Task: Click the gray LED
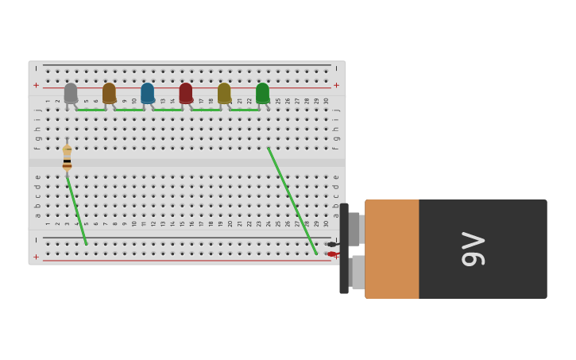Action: point(71,93)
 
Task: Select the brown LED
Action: point(109,93)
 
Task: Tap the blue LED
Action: point(147,93)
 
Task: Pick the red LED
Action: point(186,93)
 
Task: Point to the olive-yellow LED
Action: point(224,93)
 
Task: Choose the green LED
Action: point(262,93)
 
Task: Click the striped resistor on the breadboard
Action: point(67,157)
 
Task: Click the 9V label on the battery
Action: point(473,249)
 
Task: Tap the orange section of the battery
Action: point(392,249)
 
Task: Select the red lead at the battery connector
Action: point(331,254)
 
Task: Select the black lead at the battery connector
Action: point(331,244)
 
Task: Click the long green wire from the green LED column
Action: point(292,200)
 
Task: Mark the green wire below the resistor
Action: point(76,210)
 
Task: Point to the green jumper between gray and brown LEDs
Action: point(90,110)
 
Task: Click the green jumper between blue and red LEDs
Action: point(167,110)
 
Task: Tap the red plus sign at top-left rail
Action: point(36,85)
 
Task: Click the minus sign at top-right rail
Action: point(336,68)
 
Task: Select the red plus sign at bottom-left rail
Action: point(36,257)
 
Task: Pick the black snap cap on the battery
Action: point(344,249)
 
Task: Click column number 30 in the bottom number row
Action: point(326,223)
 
